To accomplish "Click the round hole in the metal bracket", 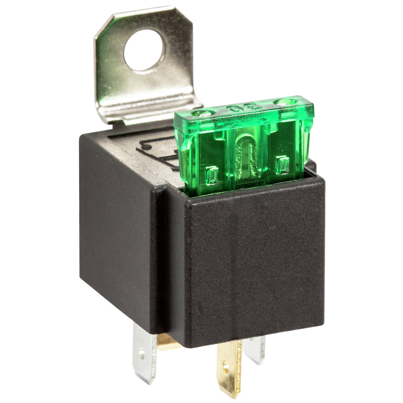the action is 144,50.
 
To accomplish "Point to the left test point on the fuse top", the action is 203,114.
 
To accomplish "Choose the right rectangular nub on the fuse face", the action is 282,165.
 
